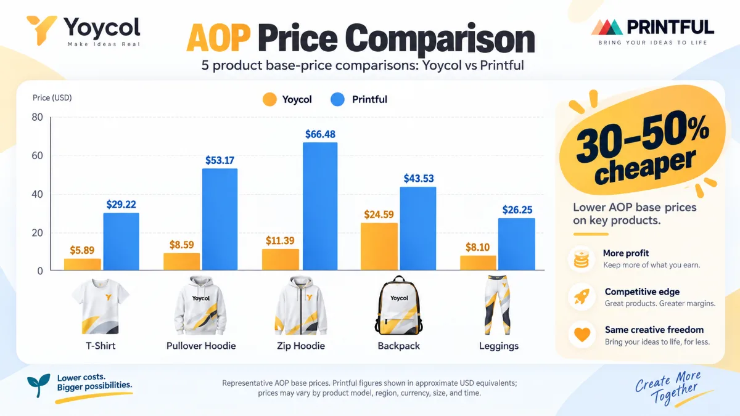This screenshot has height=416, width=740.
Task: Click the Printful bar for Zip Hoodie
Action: pyautogui.click(x=320, y=206)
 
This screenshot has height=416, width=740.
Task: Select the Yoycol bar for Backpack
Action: pyautogui.click(x=379, y=247)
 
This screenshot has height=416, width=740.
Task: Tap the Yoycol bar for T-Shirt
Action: pyautogui.click(x=83, y=264)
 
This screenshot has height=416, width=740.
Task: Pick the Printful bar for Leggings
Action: pyautogui.click(x=517, y=244)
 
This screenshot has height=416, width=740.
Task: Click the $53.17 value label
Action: pyautogui.click(x=220, y=160)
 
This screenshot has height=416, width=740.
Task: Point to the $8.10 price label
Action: pyautogui.click(x=477, y=247)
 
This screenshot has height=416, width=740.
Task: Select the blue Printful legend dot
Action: pyautogui.click(x=337, y=99)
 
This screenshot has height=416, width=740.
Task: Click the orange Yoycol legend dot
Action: pyautogui.click(x=269, y=99)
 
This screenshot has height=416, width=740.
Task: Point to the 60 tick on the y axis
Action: pyautogui.click(x=38, y=156)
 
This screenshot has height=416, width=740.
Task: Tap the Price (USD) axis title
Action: pyautogui.click(x=52, y=98)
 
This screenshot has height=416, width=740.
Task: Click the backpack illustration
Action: pyautogui.click(x=399, y=306)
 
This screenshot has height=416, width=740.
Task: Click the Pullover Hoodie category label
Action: pyautogui.click(x=201, y=346)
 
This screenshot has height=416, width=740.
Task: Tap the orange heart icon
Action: pyautogui.click(x=582, y=335)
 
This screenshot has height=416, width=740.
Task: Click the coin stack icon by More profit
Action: pyautogui.click(x=582, y=259)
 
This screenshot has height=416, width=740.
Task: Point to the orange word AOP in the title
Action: pyautogui.click(x=218, y=38)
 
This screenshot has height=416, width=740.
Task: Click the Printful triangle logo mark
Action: pyautogui.click(x=607, y=27)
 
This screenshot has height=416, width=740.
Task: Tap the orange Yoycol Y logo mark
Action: pyautogui.click(x=42, y=30)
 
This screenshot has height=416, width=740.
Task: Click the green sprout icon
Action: pyautogui.click(x=39, y=385)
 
